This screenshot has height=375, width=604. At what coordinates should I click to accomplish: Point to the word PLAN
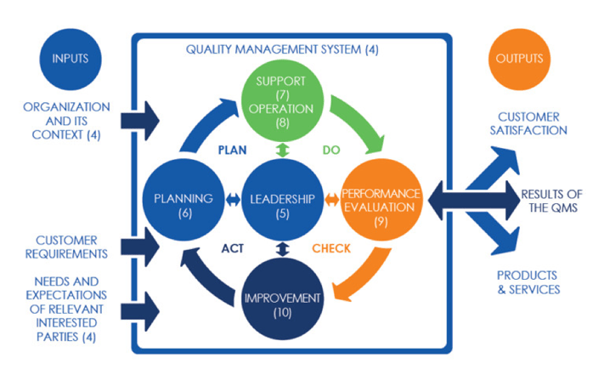(231, 149)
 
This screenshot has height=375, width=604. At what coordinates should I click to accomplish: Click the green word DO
(332, 149)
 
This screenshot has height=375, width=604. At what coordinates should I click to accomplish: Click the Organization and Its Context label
(67, 120)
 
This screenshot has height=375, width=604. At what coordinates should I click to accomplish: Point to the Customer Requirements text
(71, 247)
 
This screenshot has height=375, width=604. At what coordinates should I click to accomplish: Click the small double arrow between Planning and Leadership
(231, 200)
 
